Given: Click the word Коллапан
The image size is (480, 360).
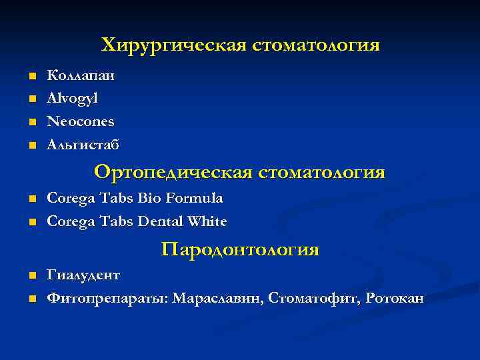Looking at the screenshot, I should click(x=81, y=75).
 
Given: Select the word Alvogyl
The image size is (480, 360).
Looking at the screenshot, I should click(x=72, y=98).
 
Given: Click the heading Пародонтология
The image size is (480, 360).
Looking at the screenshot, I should click(x=240, y=250).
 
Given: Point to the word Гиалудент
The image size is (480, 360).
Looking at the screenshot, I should click(x=83, y=275).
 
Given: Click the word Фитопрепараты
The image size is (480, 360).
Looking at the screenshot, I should click(x=107, y=299).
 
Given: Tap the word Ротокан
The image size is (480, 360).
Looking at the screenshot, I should click(x=395, y=298).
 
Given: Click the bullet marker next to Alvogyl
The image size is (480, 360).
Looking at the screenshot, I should click(x=31, y=99).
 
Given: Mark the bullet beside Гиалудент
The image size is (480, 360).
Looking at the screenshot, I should click(x=31, y=276).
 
